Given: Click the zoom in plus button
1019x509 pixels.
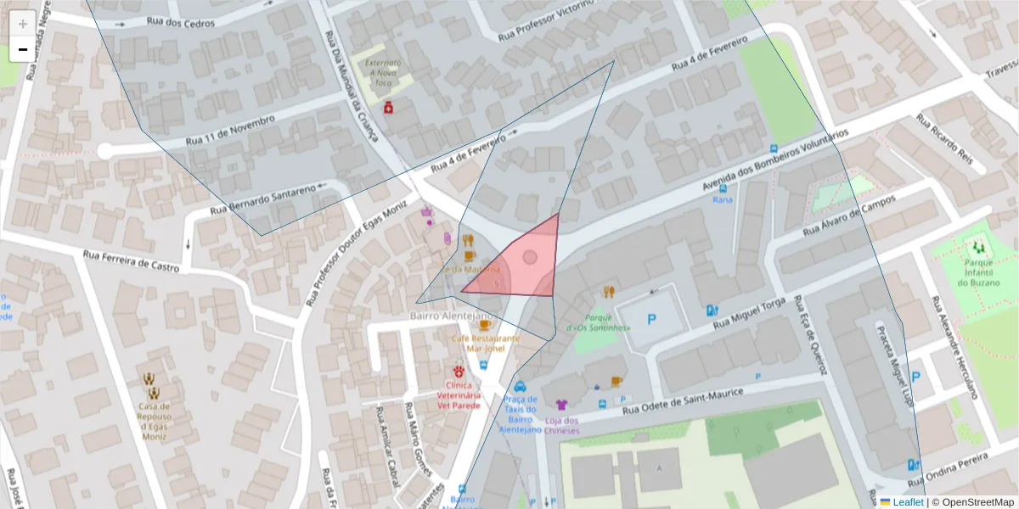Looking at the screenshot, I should tap(23, 24).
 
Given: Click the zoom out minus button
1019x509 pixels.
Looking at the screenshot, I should tap(23, 50).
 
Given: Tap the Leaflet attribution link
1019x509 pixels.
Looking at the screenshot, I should tap(906, 501).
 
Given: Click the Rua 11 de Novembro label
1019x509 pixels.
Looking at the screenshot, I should tap(228, 130).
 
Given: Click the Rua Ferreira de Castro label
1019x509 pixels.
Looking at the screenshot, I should tap(131, 260).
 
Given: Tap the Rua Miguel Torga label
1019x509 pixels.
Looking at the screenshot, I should tap(750, 314).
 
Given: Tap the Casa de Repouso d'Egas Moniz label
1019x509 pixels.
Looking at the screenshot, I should tap(154, 417).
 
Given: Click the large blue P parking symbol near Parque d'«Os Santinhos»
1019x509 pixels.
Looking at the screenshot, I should tap(652, 320).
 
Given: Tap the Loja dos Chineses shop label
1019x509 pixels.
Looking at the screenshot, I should tap(561, 425).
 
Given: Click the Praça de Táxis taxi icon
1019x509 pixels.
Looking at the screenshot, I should tap(520, 385).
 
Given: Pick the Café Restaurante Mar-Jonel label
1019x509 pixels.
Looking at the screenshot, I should tap(484, 343).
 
